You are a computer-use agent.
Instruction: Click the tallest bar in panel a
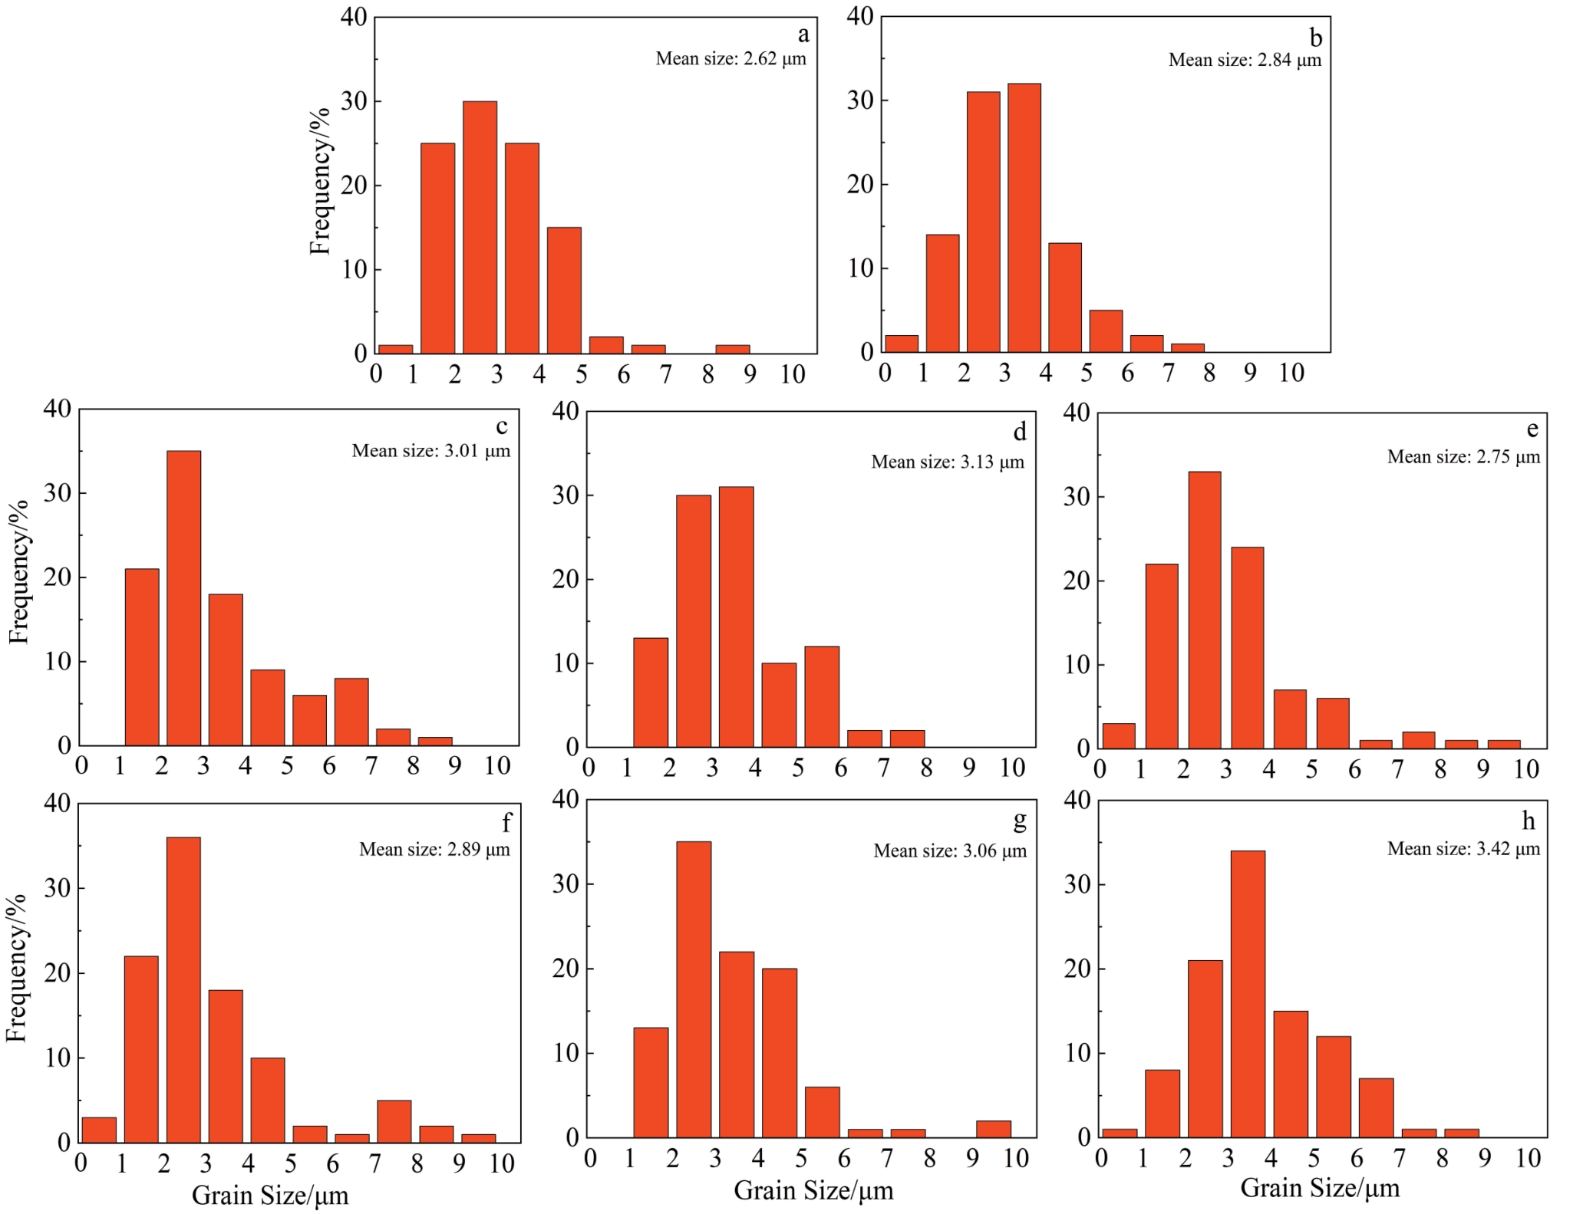pos(480,227)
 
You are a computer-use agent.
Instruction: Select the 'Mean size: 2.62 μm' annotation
pos(730,59)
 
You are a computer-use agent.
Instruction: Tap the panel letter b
pos(1315,38)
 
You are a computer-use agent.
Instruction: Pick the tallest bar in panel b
pos(1024,218)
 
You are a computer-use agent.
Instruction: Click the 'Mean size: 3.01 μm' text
pos(430,451)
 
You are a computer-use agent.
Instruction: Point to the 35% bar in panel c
pos(183,598)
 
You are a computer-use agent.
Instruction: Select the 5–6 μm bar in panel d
pos(822,696)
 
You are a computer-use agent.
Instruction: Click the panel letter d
pos(1019,433)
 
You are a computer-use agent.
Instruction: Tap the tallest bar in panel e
pos(1204,610)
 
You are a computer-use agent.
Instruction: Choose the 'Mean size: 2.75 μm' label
pos(1463,457)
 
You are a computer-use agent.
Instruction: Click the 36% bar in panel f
pos(183,989)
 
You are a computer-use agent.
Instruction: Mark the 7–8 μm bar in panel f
pos(394,1121)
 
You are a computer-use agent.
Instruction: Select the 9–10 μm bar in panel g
pos(993,1129)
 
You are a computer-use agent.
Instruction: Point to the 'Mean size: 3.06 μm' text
pos(949,851)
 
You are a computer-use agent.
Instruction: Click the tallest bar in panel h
pos(1248,994)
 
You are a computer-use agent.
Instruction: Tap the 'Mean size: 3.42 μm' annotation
pos(1463,849)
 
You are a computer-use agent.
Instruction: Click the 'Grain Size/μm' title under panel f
pos(269,1195)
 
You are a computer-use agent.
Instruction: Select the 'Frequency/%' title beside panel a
pos(319,181)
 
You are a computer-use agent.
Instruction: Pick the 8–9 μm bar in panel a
pos(732,350)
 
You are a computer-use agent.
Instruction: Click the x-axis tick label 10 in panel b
pos(1291,373)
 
